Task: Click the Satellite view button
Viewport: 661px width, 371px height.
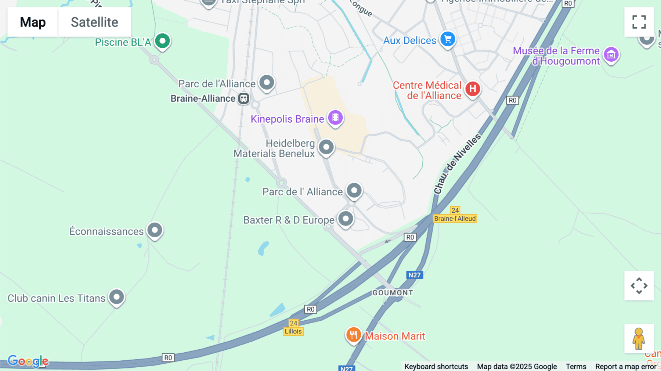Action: (94, 22)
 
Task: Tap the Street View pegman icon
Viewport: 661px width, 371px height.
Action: (639, 339)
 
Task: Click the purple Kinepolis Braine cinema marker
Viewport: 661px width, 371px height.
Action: (335, 118)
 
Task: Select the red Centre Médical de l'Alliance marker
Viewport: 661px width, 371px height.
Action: (473, 89)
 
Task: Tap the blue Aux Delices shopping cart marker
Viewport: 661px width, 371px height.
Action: (448, 39)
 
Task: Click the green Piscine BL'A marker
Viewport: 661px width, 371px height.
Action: (162, 41)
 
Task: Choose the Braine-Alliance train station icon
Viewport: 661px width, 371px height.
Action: (243, 98)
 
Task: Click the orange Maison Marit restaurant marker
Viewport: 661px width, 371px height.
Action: (353, 335)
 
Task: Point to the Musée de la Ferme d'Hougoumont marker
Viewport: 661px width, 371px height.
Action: (611, 55)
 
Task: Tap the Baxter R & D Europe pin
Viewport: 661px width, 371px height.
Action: (346, 219)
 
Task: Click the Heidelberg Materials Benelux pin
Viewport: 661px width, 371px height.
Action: (326, 147)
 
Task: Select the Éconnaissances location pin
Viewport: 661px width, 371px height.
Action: (155, 230)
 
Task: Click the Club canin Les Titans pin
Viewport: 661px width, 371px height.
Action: (116, 297)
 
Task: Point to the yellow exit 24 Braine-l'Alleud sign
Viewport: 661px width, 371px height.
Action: (455, 215)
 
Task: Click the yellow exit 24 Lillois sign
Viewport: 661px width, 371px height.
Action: (293, 327)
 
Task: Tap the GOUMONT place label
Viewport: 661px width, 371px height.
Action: (393, 293)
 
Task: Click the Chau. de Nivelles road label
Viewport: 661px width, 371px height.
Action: (457, 164)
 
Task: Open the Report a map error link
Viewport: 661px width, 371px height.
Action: (625, 366)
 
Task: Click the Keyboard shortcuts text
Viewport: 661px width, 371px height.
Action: (436, 366)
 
